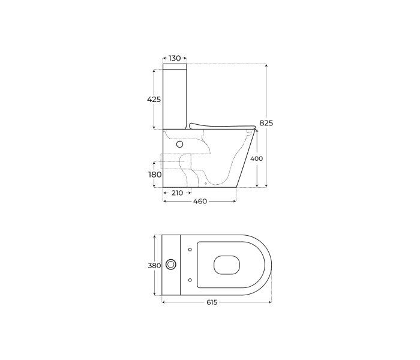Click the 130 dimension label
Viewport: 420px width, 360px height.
[x=175, y=58]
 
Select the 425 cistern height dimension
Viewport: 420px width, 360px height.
[x=154, y=100]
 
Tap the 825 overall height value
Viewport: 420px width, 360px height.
[x=266, y=123]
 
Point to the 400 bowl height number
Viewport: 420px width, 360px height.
[x=256, y=158]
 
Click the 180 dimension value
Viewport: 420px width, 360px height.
[x=155, y=175]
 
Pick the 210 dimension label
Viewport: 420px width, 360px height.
[x=177, y=193]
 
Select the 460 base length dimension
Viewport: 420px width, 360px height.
[x=200, y=201]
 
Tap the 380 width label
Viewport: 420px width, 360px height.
[x=155, y=265]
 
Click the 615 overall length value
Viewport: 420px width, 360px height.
[x=212, y=302]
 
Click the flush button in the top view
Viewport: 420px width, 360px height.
[x=170, y=265]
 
